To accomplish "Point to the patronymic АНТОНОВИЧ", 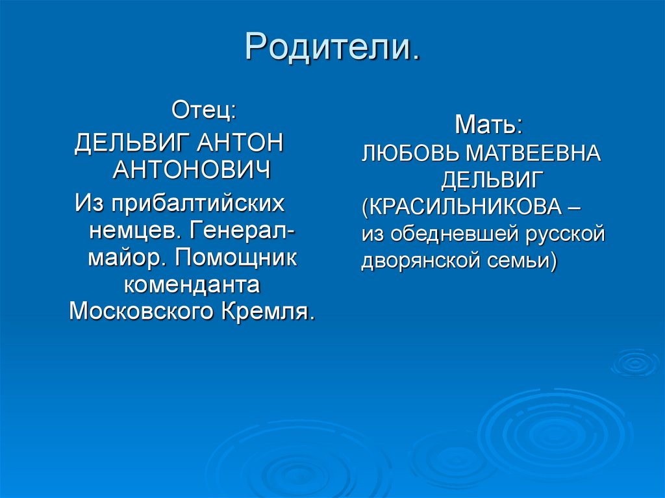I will [192, 171].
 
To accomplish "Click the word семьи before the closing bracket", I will [518, 261].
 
